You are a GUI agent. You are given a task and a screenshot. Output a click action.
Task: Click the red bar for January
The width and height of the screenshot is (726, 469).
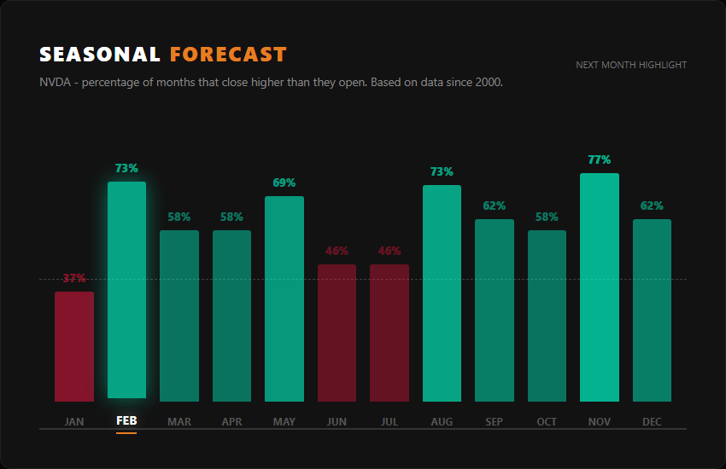[x=74, y=346]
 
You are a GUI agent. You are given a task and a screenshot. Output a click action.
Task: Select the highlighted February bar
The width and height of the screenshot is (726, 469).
[x=126, y=290]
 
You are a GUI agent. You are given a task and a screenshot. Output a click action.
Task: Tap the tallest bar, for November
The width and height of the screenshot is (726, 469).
[x=600, y=287]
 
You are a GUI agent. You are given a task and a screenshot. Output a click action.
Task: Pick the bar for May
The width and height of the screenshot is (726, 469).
[x=284, y=298]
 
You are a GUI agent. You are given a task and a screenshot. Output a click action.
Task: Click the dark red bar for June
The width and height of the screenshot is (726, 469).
[x=337, y=333]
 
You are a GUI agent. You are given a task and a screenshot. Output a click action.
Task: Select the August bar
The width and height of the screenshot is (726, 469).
[x=442, y=293]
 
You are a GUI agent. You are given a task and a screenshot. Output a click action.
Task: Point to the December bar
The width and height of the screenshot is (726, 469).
[x=652, y=310]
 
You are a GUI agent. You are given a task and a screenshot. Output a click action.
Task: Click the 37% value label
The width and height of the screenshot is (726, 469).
[x=74, y=279]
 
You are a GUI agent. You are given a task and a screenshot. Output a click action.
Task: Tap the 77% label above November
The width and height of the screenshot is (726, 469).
[x=600, y=160]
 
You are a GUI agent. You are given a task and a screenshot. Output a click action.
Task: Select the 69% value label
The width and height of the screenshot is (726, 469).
[x=284, y=183]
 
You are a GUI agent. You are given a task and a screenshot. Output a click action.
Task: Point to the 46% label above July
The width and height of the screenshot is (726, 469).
[x=389, y=252]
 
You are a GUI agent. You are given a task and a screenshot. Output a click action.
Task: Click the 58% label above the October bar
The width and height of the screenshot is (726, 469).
[x=547, y=217]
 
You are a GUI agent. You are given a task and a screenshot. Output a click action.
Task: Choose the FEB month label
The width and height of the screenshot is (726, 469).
[x=126, y=421]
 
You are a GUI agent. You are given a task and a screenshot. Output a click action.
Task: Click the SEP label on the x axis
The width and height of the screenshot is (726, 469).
[x=495, y=422]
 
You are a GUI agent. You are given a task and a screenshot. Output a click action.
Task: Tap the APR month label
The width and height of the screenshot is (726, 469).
[x=231, y=422]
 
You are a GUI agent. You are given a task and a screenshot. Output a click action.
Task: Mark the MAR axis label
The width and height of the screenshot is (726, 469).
[x=179, y=422]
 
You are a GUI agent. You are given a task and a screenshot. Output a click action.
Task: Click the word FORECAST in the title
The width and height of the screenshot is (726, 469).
[x=228, y=55]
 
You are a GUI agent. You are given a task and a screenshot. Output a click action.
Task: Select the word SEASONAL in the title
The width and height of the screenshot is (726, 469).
[x=100, y=55]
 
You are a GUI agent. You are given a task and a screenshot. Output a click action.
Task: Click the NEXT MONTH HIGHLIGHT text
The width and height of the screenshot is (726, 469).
[x=631, y=65]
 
